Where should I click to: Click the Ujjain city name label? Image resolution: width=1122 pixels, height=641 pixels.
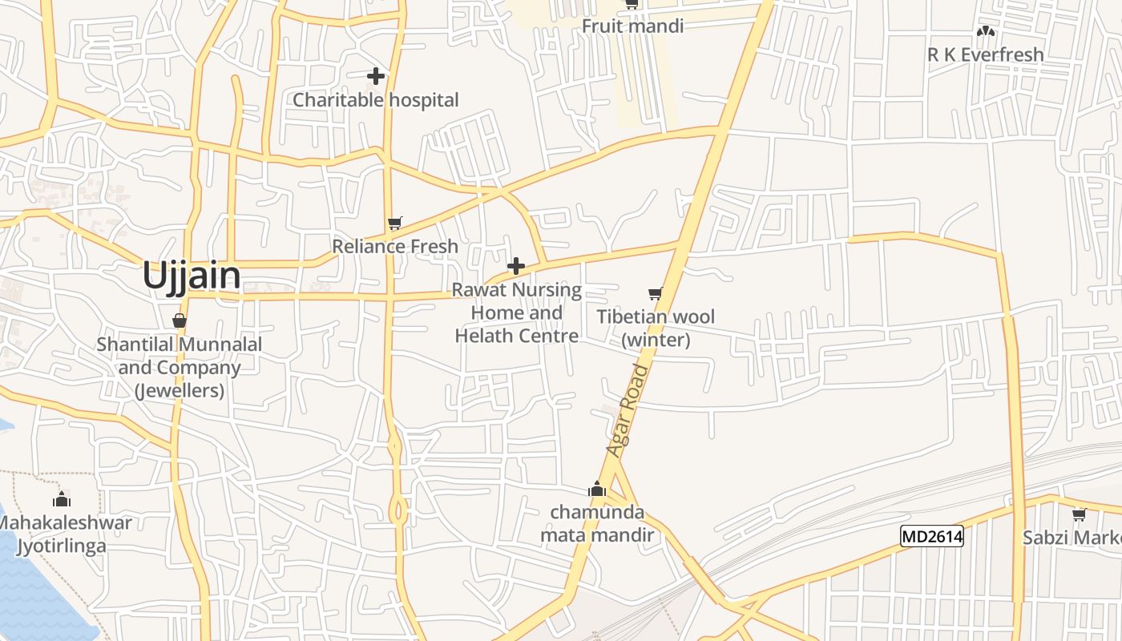(191, 276)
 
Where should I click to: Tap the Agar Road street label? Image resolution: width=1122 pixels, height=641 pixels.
(627, 411)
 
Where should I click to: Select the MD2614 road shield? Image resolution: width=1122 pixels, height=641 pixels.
(931, 537)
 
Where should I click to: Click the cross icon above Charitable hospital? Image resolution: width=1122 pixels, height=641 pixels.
(376, 76)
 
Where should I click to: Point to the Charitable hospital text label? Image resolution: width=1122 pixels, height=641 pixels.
(376, 100)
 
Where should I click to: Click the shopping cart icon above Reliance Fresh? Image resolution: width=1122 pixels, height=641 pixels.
(394, 223)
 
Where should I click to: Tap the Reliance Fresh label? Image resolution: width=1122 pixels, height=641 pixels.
(395, 246)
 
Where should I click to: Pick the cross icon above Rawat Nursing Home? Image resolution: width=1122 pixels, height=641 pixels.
(517, 266)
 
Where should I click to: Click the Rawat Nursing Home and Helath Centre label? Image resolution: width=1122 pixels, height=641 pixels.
(517, 312)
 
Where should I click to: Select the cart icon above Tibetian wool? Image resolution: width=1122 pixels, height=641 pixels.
(656, 293)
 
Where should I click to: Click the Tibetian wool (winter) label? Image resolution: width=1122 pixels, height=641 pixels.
(656, 328)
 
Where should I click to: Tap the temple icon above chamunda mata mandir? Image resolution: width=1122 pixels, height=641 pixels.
(596, 489)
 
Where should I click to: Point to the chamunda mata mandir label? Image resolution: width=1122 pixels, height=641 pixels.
(597, 523)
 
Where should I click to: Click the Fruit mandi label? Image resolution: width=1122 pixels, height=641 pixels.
(632, 26)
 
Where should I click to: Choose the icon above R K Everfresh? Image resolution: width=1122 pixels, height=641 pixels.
(985, 32)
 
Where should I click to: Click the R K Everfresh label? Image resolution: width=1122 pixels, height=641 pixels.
(985, 54)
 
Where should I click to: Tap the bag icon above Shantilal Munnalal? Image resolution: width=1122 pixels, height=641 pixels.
(180, 320)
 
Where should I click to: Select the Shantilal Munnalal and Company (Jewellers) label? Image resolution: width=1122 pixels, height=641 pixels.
(180, 368)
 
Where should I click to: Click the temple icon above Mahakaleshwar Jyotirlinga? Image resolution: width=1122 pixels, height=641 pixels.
(62, 500)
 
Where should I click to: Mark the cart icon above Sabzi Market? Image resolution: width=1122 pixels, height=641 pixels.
(1079, 514)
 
